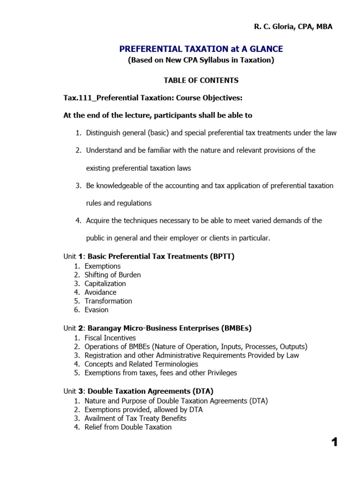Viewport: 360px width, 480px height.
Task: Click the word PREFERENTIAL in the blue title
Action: (x=146, y=49)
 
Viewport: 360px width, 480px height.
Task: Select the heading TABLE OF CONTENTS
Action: (x=201, y=80)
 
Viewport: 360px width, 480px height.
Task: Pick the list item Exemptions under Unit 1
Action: (x=103, y=266)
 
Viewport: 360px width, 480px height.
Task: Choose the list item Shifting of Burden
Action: (x=112, y=275)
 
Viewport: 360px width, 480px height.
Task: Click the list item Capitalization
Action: (x=105, y=284)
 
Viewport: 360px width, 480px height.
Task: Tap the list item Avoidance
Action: (x=100, y=292)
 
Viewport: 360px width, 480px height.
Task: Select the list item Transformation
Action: (x=108, y=301)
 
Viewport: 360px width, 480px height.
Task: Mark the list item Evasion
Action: (x=97, y=309)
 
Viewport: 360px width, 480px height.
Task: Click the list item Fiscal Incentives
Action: (x=110, y=337)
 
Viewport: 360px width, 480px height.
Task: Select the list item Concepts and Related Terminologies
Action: (x=141, y=364)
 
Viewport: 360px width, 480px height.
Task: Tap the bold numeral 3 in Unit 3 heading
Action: (x=80, y=390)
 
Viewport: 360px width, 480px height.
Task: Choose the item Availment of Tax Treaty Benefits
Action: (x=135, y=418)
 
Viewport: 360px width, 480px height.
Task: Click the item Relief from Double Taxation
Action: (x=128, y=427)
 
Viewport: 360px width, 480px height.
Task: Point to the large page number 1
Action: (x=334, y=442)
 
